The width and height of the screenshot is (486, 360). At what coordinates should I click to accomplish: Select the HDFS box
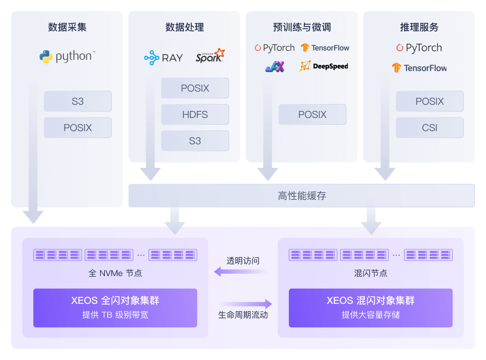click(x=195, y=114)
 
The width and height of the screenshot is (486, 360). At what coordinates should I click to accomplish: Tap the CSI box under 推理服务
click(x=429, y=128)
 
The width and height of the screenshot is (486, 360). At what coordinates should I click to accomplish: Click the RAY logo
click(x=163, y=58)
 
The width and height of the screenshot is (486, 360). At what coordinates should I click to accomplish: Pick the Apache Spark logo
click(x=210, y=56)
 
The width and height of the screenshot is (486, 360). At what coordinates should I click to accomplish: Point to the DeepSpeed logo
click(x=324, y=66)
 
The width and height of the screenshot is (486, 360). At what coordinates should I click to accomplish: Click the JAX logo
click(x=275, y=66)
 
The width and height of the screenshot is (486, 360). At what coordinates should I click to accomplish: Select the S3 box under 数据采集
click(x=77, y=101)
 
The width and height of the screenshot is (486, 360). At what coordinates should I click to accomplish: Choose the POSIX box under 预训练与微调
click(x=312, y=114)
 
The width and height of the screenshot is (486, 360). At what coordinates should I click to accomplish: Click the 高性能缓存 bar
click(x=301, y=196)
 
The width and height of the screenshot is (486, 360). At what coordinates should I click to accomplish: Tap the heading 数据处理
click(x=184, y=27)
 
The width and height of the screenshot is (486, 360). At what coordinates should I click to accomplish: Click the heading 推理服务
click(x=419, y=27)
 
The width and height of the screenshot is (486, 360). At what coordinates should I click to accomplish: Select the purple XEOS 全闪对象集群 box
click(x=115, y=308)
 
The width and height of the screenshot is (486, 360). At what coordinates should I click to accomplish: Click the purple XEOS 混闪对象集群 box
click(x=370, y=308)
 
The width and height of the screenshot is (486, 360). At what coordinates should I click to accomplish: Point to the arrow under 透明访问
click(x=240, y=272)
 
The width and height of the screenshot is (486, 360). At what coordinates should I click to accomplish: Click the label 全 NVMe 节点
click(x=115, y=273)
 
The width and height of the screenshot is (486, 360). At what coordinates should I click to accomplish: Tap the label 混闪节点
click(x=370, y=273)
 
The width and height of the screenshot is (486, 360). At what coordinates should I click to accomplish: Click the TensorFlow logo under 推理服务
click(x=419, y=68)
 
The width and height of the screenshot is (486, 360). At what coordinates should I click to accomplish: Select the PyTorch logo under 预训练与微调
click(x=275, y=48)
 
